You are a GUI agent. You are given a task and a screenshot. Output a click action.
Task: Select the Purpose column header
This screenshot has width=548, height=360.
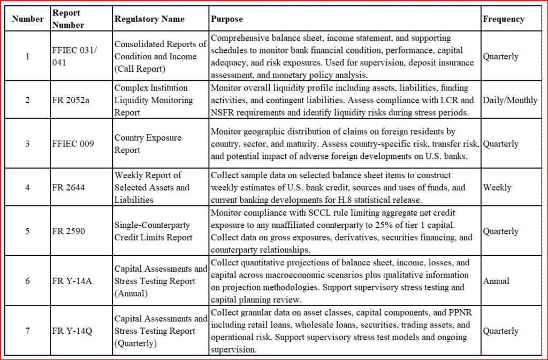click(x=226, y=19)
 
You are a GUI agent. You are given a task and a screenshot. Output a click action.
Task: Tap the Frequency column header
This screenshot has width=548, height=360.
click(x=503, y=19)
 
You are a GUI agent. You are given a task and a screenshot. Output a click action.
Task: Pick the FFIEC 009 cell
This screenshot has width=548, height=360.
click(x=73, y=144)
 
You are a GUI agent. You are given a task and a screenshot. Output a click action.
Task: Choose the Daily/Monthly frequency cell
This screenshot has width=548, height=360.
click(x=510, y=100)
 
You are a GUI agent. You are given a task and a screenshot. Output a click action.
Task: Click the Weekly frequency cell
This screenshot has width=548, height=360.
click(x=497, y=188)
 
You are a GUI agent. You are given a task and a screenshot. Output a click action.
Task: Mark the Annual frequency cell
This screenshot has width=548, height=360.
click(x=496, y=281)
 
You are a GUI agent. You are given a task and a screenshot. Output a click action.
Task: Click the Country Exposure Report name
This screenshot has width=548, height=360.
click(x=148, y=144)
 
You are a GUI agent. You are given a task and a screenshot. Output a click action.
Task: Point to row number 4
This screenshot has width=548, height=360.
click(x=28, y=188)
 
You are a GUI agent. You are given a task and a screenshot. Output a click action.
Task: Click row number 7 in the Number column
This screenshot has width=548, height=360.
click(x=28, y=331)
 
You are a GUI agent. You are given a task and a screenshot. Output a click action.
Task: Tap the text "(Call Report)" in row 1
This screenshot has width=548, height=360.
click(x=140, y=68)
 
